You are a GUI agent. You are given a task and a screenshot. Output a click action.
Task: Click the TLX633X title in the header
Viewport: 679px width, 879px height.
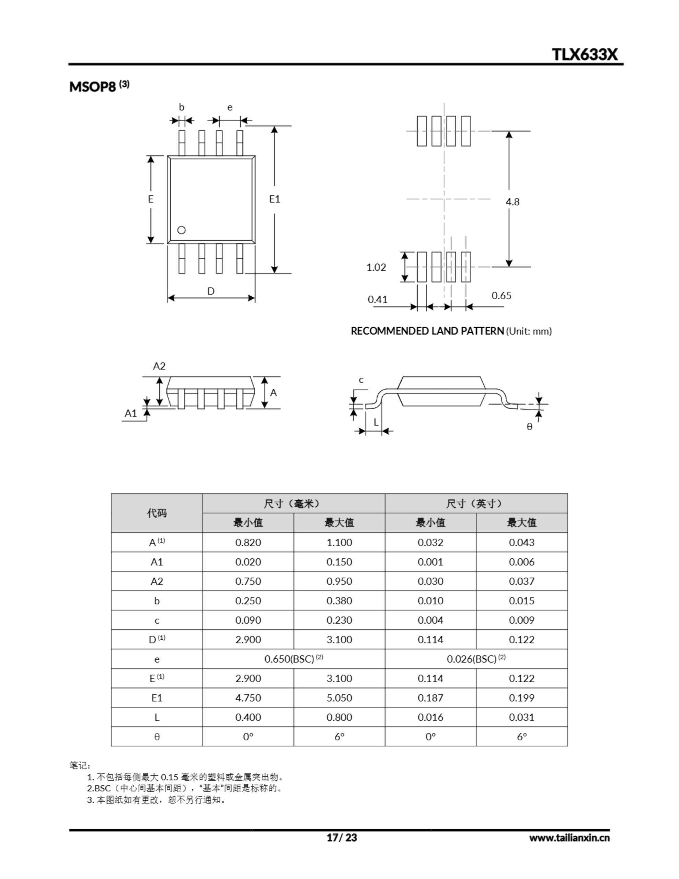point(584,54)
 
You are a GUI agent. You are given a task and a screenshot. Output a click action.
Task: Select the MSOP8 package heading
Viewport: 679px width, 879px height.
point(93,87)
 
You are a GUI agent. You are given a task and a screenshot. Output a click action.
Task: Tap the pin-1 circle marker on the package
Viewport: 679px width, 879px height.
point(182,230)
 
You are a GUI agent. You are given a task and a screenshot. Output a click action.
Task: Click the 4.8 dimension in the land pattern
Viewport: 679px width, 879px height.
point(513,202)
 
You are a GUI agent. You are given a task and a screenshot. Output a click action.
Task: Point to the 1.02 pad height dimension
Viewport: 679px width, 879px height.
point(376,267)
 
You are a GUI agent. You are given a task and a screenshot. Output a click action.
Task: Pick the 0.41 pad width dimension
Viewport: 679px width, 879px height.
point(378,299)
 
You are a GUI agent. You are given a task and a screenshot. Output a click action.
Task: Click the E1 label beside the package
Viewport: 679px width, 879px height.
point(275,199)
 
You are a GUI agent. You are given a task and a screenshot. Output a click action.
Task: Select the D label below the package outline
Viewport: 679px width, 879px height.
point(211,291)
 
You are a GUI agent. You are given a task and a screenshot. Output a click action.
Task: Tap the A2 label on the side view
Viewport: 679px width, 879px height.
point(159,366)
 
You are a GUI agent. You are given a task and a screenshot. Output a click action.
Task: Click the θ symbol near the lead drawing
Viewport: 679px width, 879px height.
point(529,426)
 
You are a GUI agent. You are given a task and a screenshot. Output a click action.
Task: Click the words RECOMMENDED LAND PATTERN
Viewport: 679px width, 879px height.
point(427,331)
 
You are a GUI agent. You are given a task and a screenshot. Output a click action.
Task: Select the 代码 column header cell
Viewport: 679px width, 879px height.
point(157,513)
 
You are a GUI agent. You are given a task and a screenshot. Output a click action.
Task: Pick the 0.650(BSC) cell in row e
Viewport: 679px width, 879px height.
point(294,659)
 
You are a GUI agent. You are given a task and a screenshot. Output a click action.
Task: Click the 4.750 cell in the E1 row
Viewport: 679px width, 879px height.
point(248,698)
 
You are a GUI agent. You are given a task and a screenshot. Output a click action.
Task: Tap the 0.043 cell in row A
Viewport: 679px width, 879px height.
point(522,543)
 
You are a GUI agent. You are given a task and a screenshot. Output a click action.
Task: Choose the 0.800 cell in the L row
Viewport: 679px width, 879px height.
point(339,717)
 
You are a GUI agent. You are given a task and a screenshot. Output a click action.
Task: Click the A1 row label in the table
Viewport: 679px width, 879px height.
point(157,562)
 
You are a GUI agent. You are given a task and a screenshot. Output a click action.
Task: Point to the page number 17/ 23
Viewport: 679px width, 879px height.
point(341,837)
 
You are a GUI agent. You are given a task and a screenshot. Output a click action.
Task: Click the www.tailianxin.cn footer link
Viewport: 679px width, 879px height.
point(569,838)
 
